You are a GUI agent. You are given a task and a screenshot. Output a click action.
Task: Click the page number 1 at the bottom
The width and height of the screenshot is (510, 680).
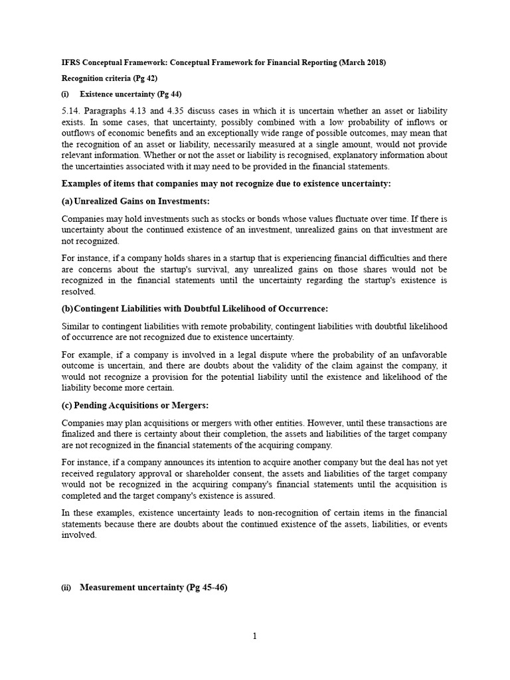[x=254, y=636]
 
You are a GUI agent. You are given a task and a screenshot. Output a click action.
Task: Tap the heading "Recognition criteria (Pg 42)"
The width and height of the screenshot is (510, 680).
[x=107, y=78]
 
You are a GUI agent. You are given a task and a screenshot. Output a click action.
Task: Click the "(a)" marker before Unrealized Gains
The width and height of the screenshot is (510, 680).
[x=68, y=201]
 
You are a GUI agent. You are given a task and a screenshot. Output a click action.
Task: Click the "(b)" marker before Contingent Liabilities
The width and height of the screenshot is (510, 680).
[x=68, y=309]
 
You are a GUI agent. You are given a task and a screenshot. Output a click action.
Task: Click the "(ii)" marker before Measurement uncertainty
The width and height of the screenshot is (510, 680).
[x=67, y=587]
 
